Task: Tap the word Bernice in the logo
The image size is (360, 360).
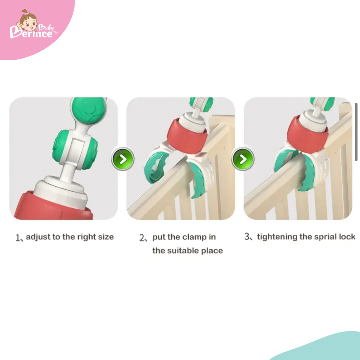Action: point(31,33)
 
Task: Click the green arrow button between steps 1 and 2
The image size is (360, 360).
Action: point(123,159)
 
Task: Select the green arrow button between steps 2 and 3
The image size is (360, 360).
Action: point(243,159)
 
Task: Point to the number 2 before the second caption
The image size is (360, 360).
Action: point(142,237)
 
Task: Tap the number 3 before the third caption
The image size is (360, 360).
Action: point(247,236)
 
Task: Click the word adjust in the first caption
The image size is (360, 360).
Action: point(38,237)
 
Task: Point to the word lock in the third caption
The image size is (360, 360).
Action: point(347,236)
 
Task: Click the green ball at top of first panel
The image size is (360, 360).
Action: point(89,110)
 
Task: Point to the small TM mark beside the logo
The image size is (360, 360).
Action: point(55,33)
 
